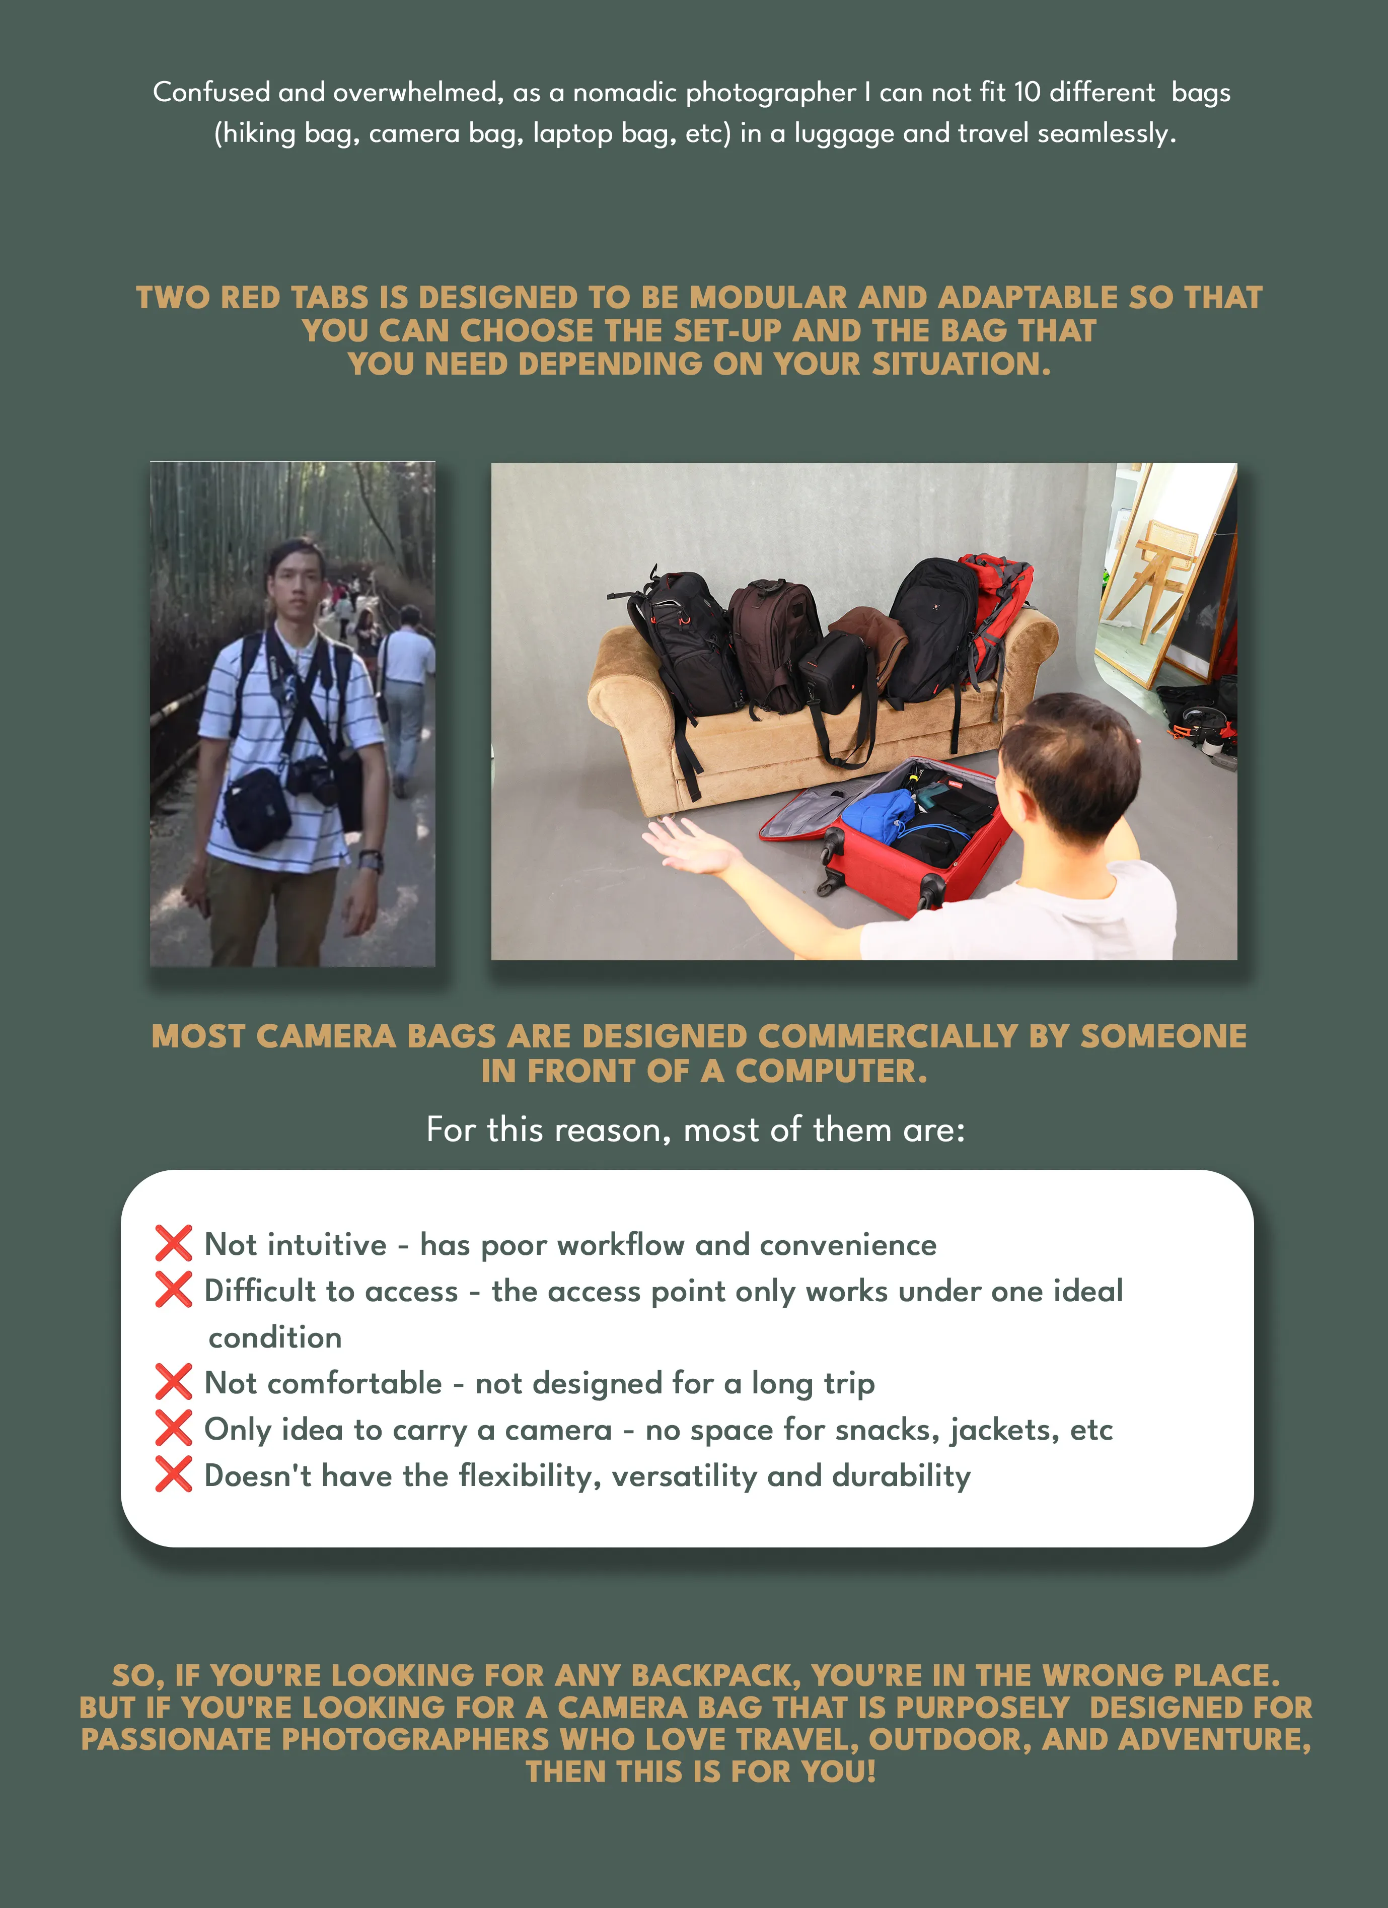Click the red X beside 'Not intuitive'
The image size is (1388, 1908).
click(173, 1243)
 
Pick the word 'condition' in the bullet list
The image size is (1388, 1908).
click(275, 1337)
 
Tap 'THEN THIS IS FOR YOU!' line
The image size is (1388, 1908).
click(701, 1772)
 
